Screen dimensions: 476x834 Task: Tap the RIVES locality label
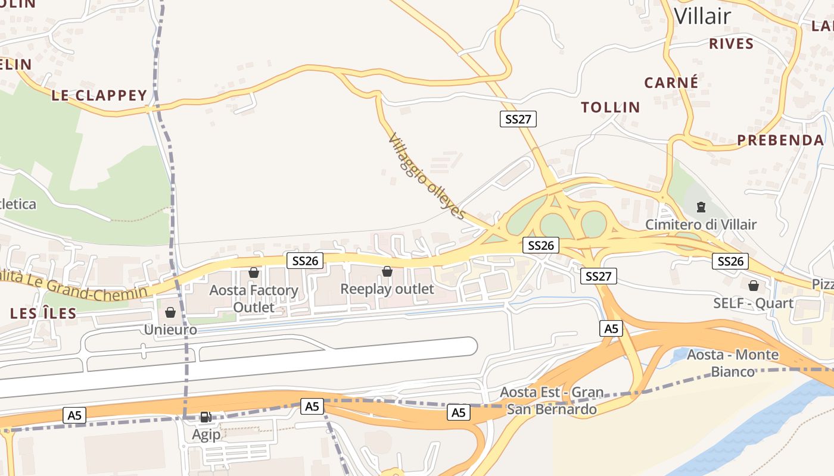[x=731, y=43]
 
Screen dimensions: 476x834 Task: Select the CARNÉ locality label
[x=671, y=83]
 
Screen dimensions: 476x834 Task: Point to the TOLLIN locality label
[x=611, y=107]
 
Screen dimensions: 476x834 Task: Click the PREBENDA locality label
[x=780, y=140]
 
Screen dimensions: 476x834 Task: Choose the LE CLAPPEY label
[x=99, y=95]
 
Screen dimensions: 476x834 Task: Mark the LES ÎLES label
[x=43, y=313]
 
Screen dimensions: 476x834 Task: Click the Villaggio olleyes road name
[x=426, y=176]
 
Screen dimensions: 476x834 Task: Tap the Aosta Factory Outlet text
[x=254, y=299]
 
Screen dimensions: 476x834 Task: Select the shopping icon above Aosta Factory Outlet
[x=254, y=273]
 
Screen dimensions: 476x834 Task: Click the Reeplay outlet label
[x=387, y=289]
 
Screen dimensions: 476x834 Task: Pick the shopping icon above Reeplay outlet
[x=387, y=271]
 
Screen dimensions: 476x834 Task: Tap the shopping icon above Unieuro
[x=170, y=312]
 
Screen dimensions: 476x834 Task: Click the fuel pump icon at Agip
[x=206, y=417]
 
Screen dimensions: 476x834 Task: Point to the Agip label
[x=206, y=434]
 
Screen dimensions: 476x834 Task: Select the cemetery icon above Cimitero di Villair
[x=701, y=206]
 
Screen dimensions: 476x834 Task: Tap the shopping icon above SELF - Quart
[x=753, y=286]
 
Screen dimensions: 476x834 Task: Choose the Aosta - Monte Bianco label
[x=733, y=363]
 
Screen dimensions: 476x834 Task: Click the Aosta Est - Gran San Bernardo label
[x=552, y=400]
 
